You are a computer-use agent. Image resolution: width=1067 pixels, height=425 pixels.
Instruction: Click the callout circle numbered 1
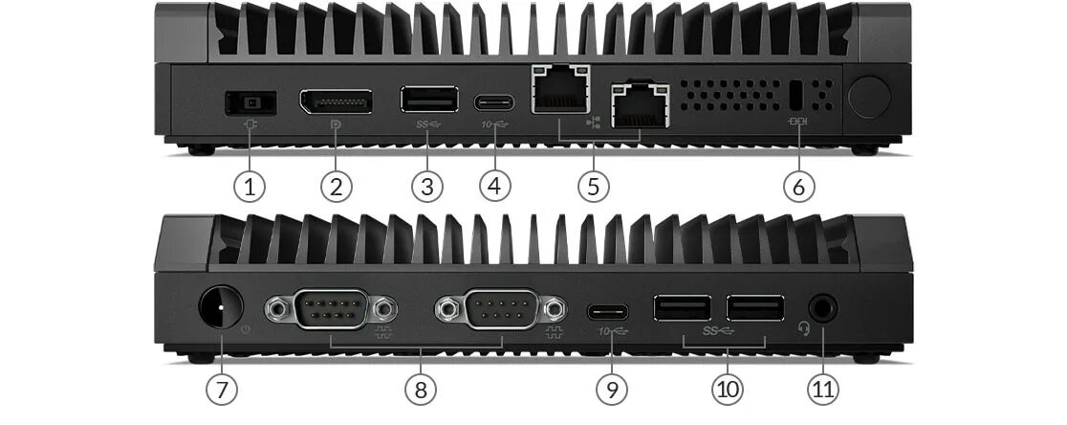(x=250, y=186)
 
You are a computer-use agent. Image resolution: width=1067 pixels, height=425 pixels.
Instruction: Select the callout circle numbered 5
(x=593, y=186)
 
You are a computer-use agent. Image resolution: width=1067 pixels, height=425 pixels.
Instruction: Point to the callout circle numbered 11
(x=823, y=389)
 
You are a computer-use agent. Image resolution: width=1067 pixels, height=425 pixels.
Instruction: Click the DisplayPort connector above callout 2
(x=336, y=101)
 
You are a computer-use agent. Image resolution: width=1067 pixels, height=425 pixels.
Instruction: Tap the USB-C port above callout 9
(x=609, y=311)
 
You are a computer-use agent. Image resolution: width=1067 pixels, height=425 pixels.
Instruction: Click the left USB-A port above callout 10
(x=683, y=308)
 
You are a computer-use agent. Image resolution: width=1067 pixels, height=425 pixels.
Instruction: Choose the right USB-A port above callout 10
(x=754, y=308)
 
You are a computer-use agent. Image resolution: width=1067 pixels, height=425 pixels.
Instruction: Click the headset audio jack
(x=823, y=309)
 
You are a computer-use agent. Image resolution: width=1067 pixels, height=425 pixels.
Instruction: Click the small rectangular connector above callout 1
(x=249, y=100)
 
